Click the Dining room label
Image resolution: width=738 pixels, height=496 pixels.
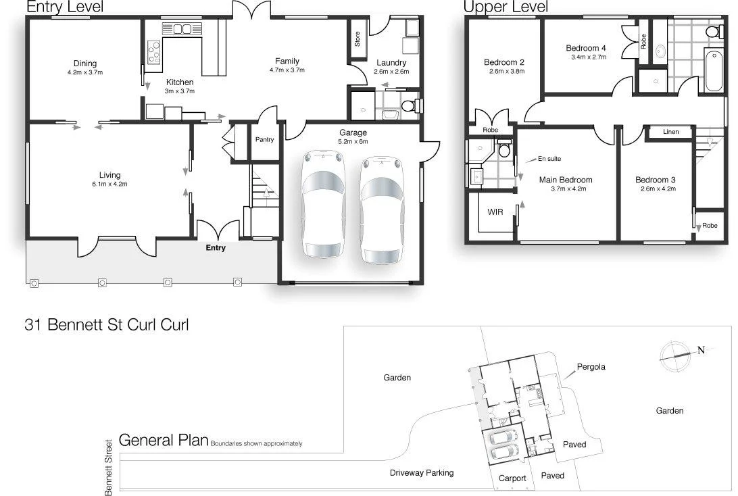(x=85, y=64)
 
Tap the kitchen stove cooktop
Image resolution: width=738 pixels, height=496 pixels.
(x=154, y=52)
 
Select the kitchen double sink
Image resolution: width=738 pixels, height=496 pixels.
(x=180, y=28)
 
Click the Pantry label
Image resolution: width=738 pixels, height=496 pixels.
(x=264, y=140)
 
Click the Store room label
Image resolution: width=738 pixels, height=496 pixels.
(x=357, y=40)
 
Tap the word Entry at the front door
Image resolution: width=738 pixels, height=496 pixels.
(x=216, y=248)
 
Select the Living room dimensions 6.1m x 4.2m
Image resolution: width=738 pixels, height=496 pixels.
(x=109, y=184)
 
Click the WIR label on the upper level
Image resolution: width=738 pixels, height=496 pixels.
(x=495, y=212)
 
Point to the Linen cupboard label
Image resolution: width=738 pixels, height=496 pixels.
(x=670, y=132)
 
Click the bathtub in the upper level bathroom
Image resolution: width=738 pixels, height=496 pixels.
(x=713, y=70)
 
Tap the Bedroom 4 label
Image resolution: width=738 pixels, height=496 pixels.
(x=586, y=48)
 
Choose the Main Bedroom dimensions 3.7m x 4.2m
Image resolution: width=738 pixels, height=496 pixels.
(x=566, y=189)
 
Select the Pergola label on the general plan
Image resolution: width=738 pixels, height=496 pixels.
(x=591, y=367)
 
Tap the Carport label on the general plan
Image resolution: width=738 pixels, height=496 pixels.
(x=512, y=478)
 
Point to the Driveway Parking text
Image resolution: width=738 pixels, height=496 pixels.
(x=422, y=473)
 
